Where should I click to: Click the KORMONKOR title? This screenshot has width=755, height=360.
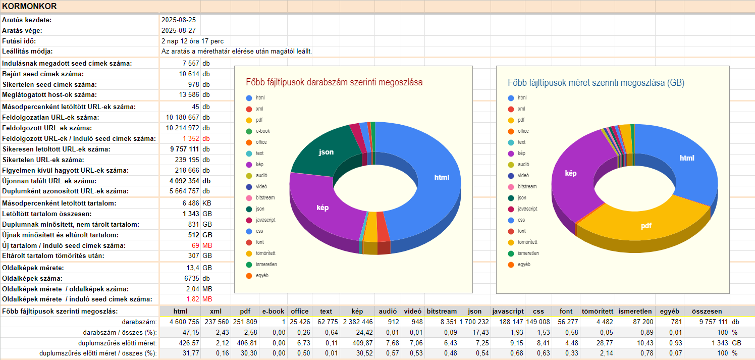pos(29,7)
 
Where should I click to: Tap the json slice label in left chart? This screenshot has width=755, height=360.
pos(326,152)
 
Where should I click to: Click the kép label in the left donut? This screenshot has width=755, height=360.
pos(322,208)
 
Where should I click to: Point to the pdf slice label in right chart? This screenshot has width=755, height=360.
pos(646,226)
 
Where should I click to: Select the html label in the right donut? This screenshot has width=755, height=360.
pos(687,158)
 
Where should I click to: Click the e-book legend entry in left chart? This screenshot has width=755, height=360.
pos(262,131)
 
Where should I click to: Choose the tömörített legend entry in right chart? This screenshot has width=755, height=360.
pos(527,242)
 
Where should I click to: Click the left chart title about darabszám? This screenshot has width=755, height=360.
pos(334,82)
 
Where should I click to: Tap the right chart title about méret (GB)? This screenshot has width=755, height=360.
pos(596,82)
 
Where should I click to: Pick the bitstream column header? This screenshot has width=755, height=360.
pos(442,312)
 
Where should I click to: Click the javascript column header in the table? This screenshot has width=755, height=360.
pos(508,312)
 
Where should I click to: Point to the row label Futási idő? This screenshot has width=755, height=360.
pos(19,41)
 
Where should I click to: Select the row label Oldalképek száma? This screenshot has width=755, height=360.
pos(32,278)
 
